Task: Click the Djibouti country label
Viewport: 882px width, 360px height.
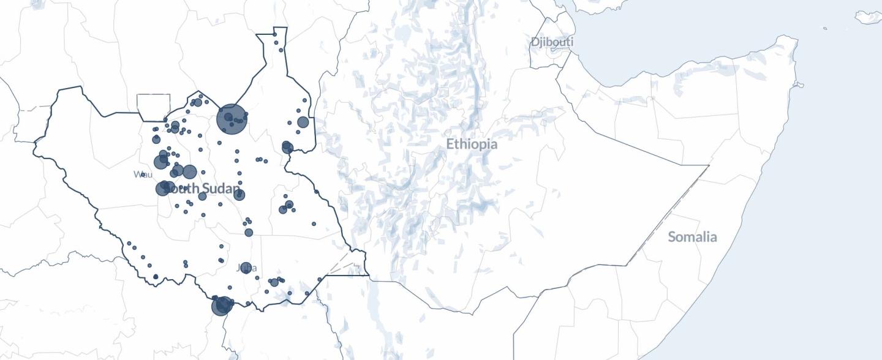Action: coord(552,42)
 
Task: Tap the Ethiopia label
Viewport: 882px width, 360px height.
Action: coord(471,144)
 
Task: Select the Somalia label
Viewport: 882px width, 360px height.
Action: coord(692,237)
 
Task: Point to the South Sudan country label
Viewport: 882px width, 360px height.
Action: coord(202,189)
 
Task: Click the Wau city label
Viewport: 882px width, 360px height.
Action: coord(143,174)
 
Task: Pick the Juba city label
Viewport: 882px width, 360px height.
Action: coord(246,268)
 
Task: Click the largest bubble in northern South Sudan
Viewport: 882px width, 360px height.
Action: coord(232,118)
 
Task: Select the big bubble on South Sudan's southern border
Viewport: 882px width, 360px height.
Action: coord(222,306)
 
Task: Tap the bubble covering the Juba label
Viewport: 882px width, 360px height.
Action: coord(246,268)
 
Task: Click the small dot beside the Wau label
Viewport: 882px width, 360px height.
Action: coord(143,174)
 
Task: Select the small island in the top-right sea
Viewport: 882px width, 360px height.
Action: coord(868,17)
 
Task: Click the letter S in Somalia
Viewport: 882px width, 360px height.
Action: coord(672,237)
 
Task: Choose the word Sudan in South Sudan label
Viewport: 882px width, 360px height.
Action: coord(220,189)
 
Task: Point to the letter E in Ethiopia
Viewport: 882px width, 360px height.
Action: coord(450,144)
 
